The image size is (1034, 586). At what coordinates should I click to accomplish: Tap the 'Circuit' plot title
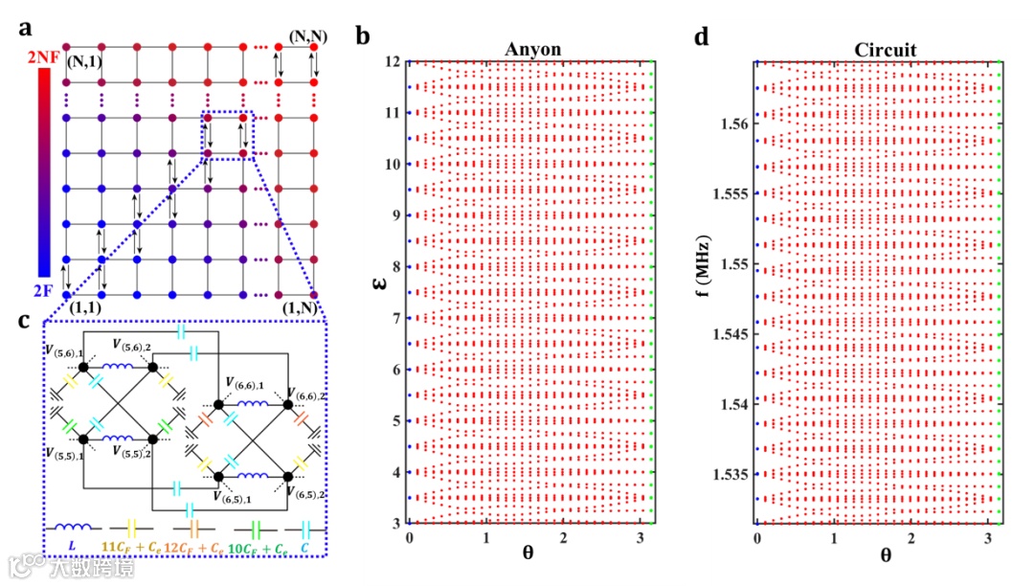(x=878, y=50)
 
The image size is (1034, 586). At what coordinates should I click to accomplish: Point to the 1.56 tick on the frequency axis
(x=734, y=124)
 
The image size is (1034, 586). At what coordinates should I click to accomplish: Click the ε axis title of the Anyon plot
(x=380, y=284)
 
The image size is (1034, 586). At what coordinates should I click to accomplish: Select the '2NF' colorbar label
(x=45, y=59)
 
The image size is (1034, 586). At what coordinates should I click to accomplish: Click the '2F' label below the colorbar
(x=45, y=284)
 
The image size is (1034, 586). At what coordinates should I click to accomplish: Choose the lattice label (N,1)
(x=85, y=63)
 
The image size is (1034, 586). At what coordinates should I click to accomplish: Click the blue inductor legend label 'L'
(x=72, y=549)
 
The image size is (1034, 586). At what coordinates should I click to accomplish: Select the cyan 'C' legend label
(x=306, y=549)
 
